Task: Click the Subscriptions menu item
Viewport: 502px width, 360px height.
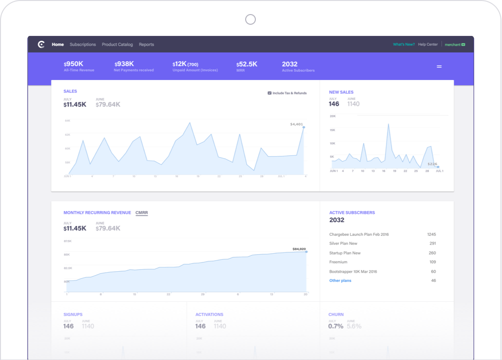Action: pos(83,45)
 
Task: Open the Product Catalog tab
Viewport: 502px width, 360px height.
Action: pos(117,45)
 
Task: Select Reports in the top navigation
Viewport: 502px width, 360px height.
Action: pos(146,45)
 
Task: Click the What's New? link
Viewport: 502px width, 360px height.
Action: pos(403,45)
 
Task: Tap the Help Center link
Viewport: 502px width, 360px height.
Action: pos(428,45)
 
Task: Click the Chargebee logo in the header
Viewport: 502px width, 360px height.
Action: pos(41,45)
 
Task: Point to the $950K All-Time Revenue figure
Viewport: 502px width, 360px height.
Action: pos(73,64)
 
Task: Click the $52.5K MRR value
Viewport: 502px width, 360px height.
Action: pos(247,64)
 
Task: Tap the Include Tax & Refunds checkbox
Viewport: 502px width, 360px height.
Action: pos(269,93)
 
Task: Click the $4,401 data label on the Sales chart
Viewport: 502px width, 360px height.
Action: pos(296,124)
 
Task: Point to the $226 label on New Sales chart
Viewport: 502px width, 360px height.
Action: pos(432,164)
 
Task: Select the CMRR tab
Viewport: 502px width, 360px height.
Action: pos(142,213)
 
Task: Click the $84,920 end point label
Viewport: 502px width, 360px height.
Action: pos(299,249)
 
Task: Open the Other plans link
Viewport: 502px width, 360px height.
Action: pos(340,281)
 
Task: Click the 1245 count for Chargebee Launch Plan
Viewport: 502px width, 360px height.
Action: pos(432,235)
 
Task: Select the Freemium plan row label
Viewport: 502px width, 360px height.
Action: pos(338,262)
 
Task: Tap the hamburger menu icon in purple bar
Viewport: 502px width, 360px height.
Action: pos(439,66)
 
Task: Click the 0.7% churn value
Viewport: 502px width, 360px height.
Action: pos(335,326)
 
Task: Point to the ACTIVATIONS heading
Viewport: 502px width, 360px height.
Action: pos(209,314)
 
